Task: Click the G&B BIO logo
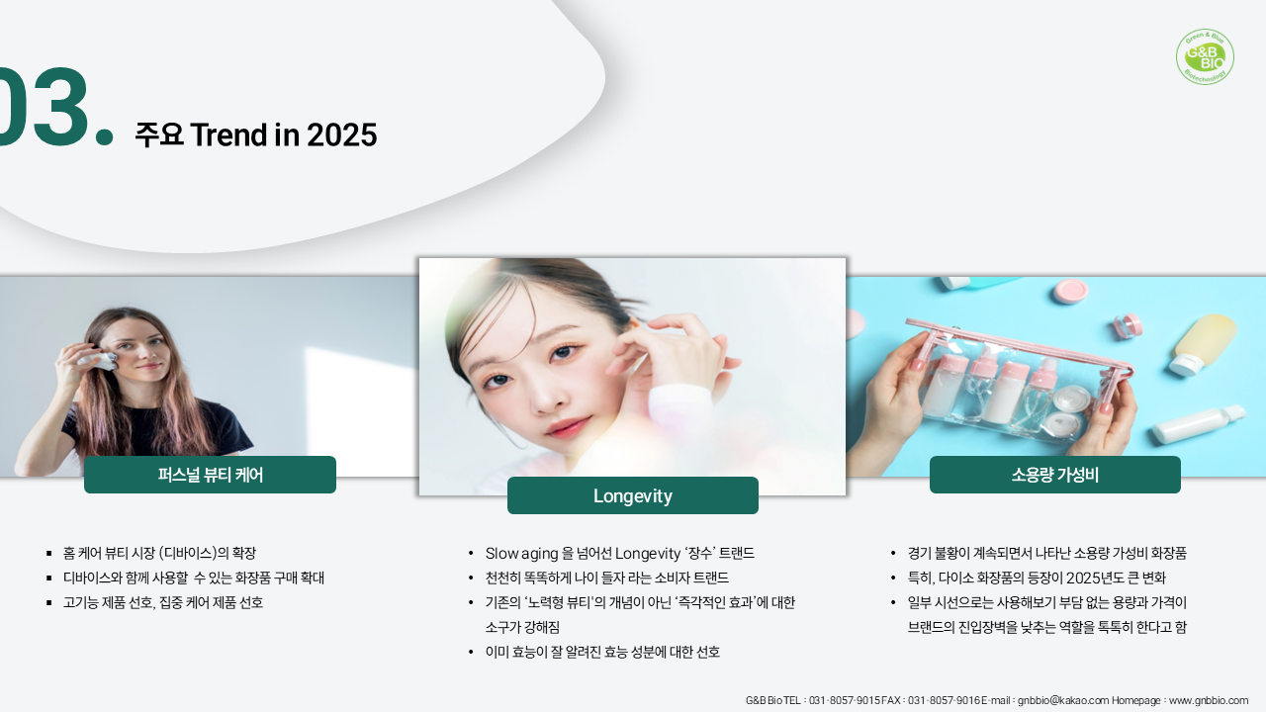pyautogui.click(x=1205, y=56)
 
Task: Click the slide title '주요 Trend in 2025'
pyautogui.click(x=256, y=134)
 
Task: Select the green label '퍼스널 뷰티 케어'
pyautogui.click(x=211, y=475)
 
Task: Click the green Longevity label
pyautogui.click(x=633, y=495)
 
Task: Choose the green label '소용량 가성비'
pyautogui.click(x=1055, y=475)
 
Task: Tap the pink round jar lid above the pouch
pyautogui.click(x=1071, y=291)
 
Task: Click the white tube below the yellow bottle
pyautogui.click(x=1198, y=424)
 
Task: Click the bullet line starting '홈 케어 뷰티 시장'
pyautogui.click(x=159, y=553)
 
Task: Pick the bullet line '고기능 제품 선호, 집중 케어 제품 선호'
pyautogui.click(x=163, y=602)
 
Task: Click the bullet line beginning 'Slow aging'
pyautogui.click(x=620, y=553)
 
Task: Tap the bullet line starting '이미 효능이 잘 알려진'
pyautogui.click(x=602, y=652)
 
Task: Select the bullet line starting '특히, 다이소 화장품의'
pyautogui.click(x=1037, y=578)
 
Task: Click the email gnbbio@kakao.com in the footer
pyautogui.click(x=1063, y=701)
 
